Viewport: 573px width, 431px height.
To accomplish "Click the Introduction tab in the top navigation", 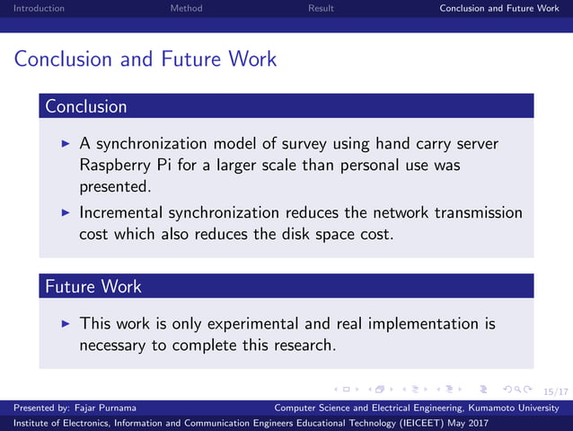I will pos(32,8).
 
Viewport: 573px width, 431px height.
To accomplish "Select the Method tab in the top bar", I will pos(186,8).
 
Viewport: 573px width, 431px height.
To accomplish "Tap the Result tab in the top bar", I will pos(321,8).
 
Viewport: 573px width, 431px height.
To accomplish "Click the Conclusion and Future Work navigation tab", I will pos(498,8).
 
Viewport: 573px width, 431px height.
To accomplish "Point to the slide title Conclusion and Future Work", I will pos(145,59).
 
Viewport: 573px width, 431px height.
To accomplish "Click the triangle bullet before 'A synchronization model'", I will pos(64,144).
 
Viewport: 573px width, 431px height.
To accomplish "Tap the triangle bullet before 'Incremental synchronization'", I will pos(64,213).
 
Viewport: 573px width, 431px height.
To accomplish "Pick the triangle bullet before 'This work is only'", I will pos(64,323).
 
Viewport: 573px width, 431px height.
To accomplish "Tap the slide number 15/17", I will pos(556,391).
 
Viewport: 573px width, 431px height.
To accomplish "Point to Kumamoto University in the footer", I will pos(520,408).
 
